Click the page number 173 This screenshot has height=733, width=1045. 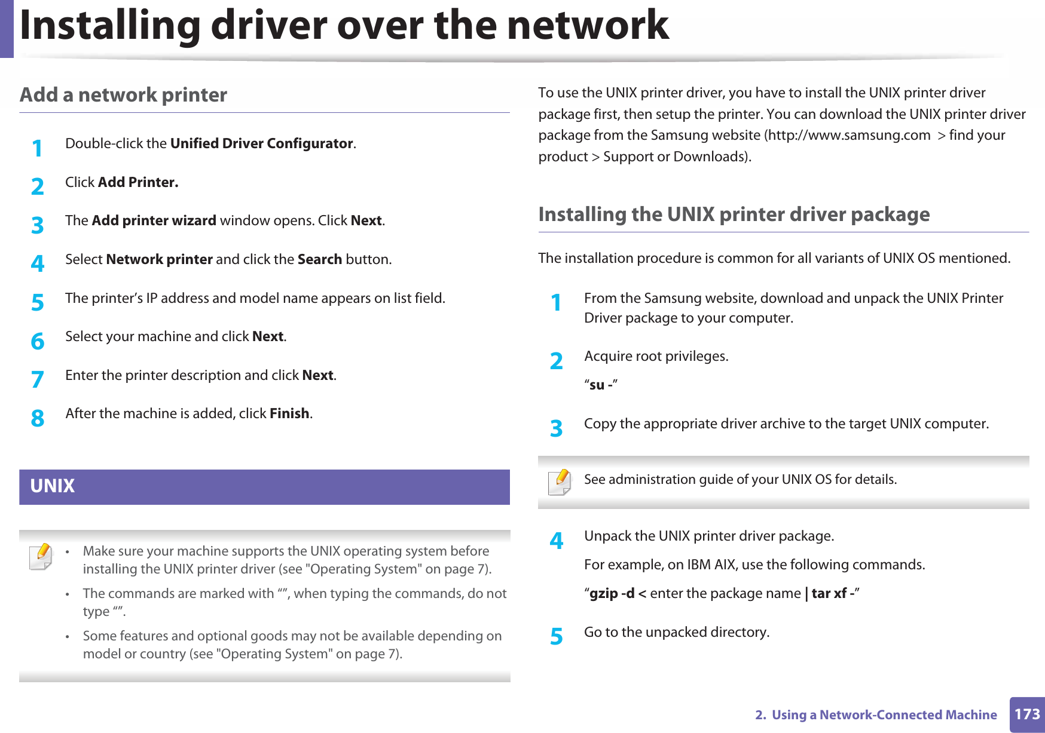[1027, 714]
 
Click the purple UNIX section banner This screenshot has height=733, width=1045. [264, 486]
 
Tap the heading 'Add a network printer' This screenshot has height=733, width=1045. [123, 95]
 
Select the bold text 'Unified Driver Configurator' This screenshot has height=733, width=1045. [262, 143]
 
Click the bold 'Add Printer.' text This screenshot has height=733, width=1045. [138, 182]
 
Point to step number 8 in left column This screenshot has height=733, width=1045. [38, 418]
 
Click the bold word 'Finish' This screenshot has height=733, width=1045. [289, 413]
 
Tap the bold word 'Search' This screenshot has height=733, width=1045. [320, 259]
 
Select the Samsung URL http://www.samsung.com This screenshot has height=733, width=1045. [850, 136]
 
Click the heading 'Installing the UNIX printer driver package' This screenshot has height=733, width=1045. [734, 214]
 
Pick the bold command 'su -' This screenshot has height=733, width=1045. [600, 385]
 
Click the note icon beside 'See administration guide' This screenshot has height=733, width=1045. [560, 481]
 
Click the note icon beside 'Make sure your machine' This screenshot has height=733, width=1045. [41, 556]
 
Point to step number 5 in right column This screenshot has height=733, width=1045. [557, 637]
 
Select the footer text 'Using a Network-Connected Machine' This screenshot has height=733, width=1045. [884, 715]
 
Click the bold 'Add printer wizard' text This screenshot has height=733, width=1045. [154, 221]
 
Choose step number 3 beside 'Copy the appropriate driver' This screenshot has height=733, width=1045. [557, 428]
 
